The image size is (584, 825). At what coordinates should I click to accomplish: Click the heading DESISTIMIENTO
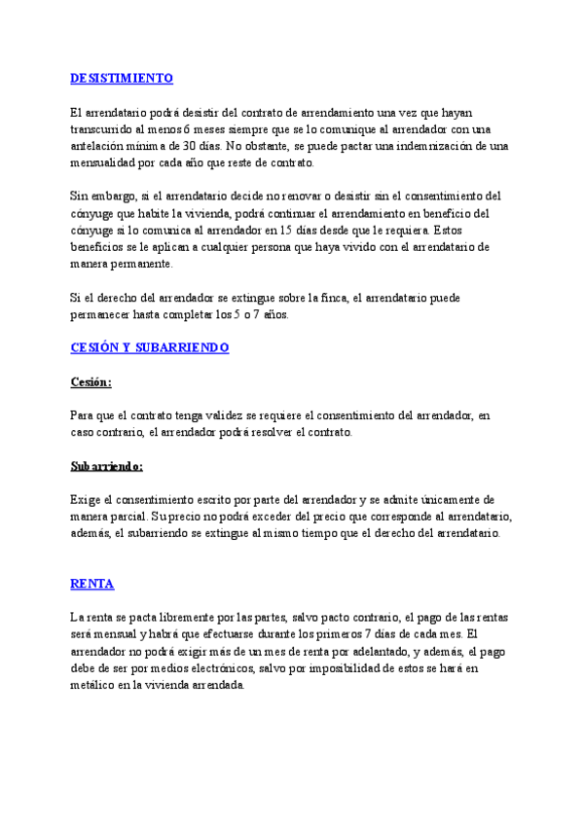[122, 78]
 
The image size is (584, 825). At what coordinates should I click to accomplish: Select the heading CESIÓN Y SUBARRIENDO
[149, 346]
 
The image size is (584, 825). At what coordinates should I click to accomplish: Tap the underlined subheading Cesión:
[91, 381]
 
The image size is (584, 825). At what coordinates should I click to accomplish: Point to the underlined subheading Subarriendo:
[107, 466]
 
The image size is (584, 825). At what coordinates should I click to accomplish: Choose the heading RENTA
[92, 584]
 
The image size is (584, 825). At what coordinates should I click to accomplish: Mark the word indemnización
[428, 146]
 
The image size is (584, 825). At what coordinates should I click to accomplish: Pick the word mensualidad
[109, 162]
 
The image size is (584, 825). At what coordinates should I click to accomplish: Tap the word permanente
[141, 263]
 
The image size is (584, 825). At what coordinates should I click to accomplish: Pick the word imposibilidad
[340, 668]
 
